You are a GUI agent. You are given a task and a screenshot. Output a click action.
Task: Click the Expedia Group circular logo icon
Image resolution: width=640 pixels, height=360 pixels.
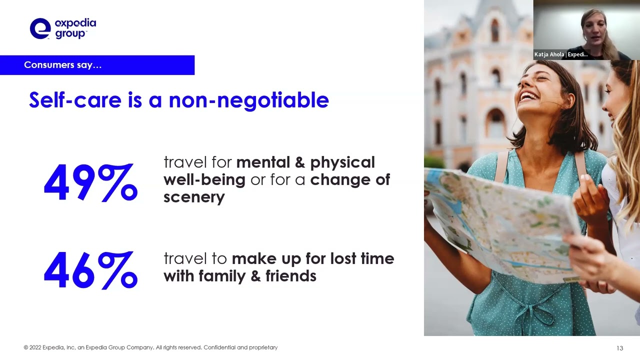(40, 28)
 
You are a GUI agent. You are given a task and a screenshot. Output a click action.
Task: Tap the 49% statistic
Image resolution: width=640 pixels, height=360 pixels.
(90, 182)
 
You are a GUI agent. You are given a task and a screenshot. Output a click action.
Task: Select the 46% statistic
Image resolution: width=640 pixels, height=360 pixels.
(90, 270)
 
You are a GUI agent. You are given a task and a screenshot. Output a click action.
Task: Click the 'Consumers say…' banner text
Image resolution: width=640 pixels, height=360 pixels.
(62, 65)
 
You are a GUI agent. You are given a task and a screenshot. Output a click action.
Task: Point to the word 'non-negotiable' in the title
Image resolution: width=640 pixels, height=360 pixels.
(249, 100)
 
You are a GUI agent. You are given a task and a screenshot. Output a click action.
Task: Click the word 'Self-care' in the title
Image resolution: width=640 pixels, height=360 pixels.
(75, 100)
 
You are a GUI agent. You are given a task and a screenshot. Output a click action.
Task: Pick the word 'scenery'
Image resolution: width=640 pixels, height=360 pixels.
(194, 197)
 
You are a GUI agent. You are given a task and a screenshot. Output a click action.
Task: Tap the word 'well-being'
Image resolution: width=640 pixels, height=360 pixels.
(204, 180)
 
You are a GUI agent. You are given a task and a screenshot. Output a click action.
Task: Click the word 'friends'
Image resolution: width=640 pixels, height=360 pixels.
(291, 276)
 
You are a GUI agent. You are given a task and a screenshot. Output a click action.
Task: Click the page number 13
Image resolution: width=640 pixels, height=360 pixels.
(619, 348)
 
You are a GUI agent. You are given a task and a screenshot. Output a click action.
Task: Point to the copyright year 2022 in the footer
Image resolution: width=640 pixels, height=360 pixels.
(35, 347)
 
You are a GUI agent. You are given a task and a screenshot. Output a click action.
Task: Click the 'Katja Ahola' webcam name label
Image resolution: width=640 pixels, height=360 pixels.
(549, 54)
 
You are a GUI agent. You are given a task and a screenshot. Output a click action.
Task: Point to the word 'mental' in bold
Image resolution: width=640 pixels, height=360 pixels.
(263, 162)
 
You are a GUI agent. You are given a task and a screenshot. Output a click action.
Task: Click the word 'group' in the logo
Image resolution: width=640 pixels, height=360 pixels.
(70, 33)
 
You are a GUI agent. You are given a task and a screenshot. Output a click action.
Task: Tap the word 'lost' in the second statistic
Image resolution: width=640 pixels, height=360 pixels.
(343, 258)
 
